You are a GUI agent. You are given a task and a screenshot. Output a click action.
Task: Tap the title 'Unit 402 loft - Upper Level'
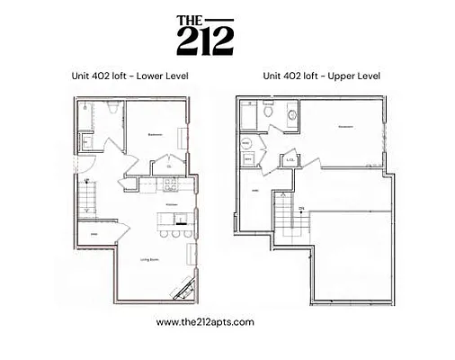pyautogui.click(x=321, y=76)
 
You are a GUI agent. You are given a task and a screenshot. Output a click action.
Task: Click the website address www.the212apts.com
pyautogui.click(x=204, y=321)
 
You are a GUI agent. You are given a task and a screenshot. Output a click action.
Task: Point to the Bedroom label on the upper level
pyautogui.click(x=345, y=127)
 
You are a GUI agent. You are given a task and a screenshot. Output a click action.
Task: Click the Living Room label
pyautogui.click(x=150, y=259)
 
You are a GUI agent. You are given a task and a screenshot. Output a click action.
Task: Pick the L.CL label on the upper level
pyautogui.click(x=290, y=160)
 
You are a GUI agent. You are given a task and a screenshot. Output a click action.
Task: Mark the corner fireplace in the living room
pyautogui.click(x=186, y=289)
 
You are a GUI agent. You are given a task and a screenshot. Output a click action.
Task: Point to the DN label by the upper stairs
pyautogui.click(x=302, y=209)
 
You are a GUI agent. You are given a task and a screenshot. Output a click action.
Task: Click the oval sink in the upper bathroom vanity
pyautogui.click(x=291, y=116)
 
